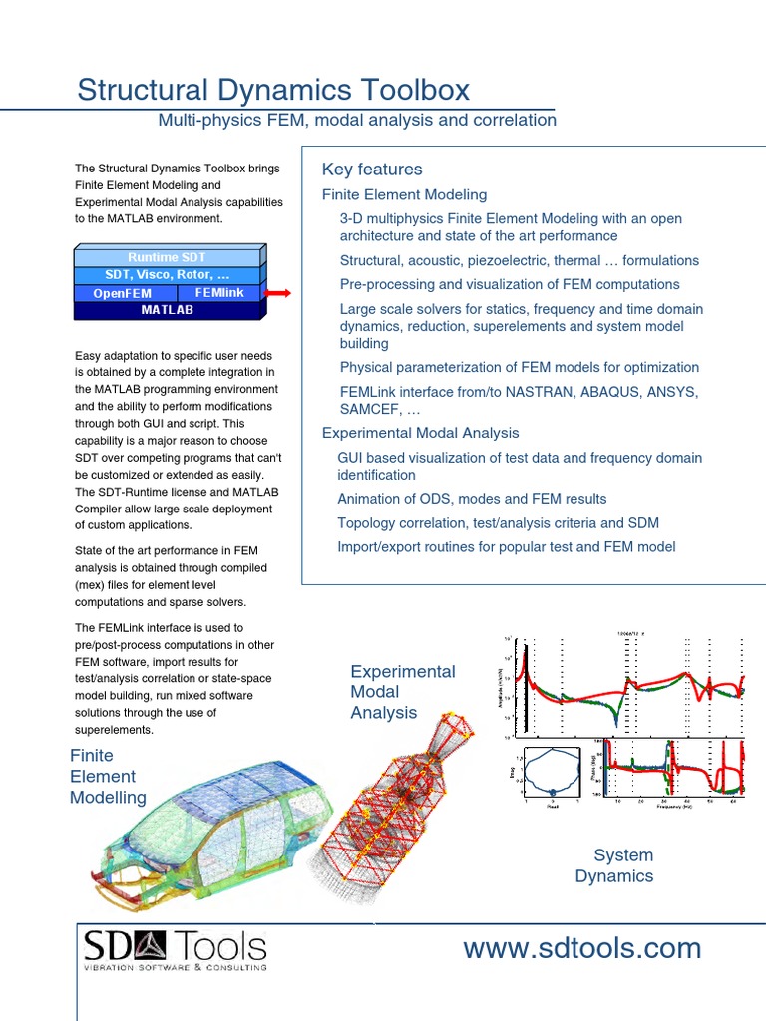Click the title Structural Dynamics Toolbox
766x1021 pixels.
coord(273,90)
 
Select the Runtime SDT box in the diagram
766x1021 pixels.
coord(167,257)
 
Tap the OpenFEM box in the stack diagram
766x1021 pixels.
coord(126,294)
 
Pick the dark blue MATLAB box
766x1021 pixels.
coord(167,310)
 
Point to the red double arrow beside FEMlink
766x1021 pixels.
coord(278,293)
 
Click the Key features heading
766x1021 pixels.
coord(372,170)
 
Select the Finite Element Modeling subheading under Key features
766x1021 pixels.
coord(404,194)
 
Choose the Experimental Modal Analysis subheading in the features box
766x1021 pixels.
coord(420,433)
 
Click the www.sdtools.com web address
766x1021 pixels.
coord(581,949)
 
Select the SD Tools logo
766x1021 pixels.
coord(175,949)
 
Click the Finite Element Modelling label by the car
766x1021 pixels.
coord(107,776)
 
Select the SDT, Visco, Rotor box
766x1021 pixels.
coord(167,275)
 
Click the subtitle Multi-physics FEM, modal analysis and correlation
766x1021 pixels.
coord(357,121)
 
